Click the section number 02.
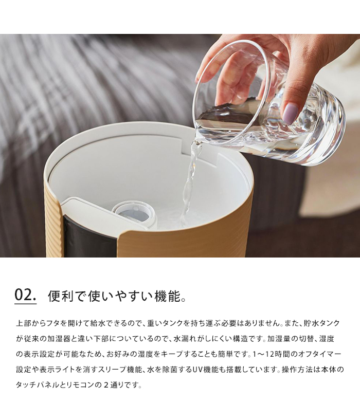[x=25, y=295]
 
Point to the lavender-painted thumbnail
[x=291, y=113]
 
